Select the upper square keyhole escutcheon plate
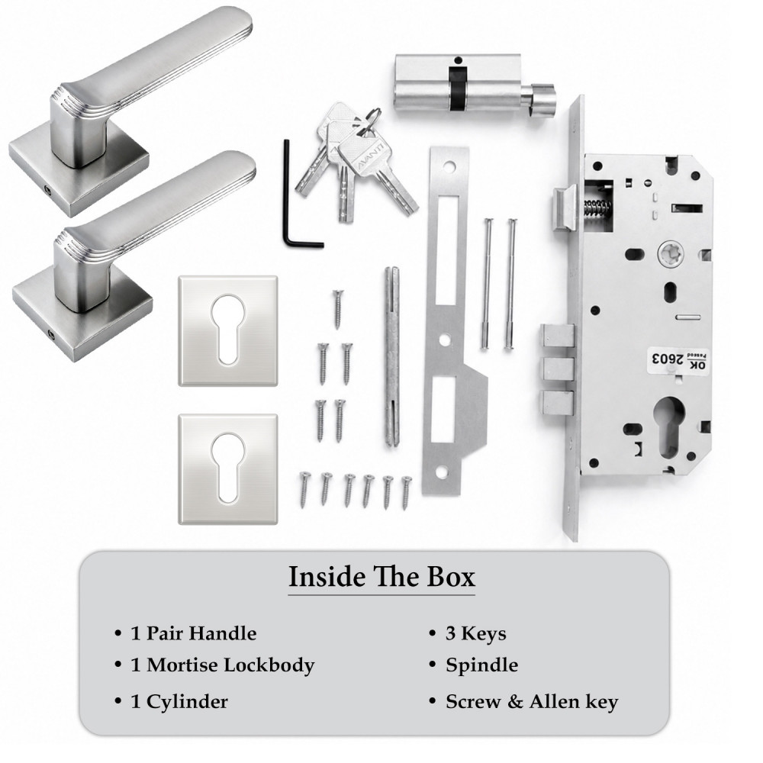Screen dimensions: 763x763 point(227,331)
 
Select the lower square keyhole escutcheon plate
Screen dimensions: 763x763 point(227,469)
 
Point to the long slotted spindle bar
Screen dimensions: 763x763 point(392,356)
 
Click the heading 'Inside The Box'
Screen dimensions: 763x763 point(381,577)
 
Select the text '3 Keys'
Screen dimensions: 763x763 point(476,633)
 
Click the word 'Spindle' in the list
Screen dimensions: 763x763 point(481,665)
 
